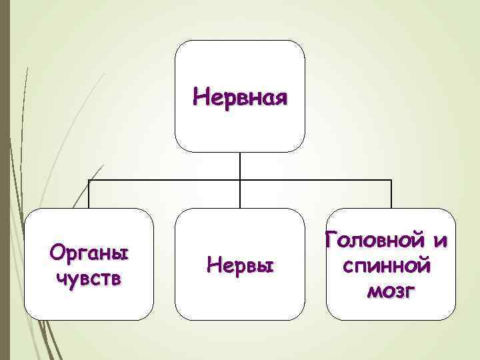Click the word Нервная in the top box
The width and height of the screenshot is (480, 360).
(240, 97)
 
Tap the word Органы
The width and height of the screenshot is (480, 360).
(90, 254)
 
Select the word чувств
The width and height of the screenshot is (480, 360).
(89, 278)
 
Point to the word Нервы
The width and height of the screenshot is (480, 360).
(241, 265)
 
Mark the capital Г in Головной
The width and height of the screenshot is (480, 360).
(332, 239)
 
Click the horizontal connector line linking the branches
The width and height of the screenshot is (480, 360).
(167, 180)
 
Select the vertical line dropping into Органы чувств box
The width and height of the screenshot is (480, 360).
(89, 194)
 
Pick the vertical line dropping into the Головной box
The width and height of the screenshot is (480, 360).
(391, 194)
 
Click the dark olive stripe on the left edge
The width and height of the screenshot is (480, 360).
(5, 180)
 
